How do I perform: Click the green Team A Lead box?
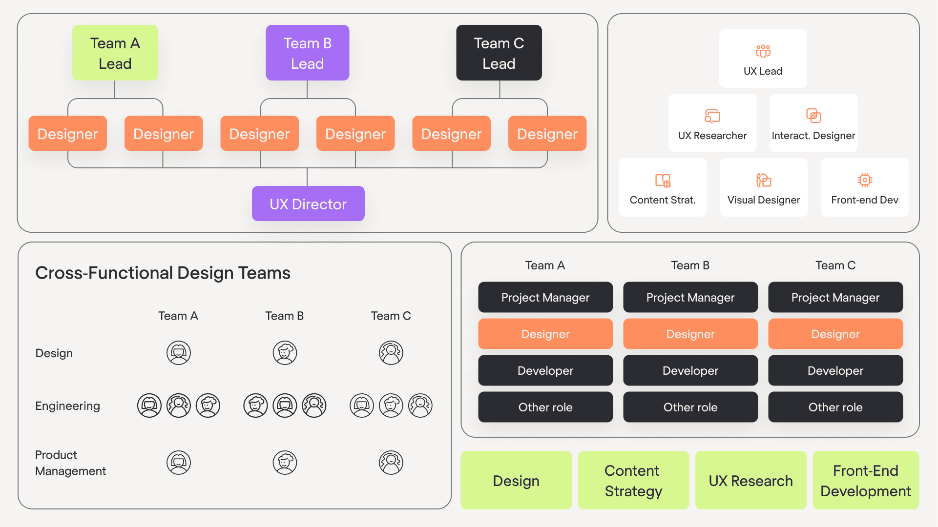click(115, 53)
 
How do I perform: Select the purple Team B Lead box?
click(307, 53)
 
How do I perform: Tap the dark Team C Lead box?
click(499, 53)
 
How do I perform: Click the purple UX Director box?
click(308, 203)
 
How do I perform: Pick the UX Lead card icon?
click(763, 51)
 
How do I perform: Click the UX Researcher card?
click(712, 123)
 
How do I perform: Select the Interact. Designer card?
click(813, 123)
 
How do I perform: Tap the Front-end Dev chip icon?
click(864, 180)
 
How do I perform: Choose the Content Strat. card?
click(662, 187)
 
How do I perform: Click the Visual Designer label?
click(763, 200)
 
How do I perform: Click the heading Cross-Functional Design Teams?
click(163, 273)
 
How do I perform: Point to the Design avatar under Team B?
click(285, 353)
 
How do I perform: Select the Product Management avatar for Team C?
click(391, 463)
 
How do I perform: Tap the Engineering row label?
click(67, 406)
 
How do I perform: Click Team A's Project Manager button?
click(545, 297)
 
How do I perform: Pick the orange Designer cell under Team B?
click(690, 334)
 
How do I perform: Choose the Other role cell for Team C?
click(835, 407)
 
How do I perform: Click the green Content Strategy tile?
click(633, 481)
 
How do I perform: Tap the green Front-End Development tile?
click(865, 481)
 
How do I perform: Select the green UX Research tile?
click(750, 481)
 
